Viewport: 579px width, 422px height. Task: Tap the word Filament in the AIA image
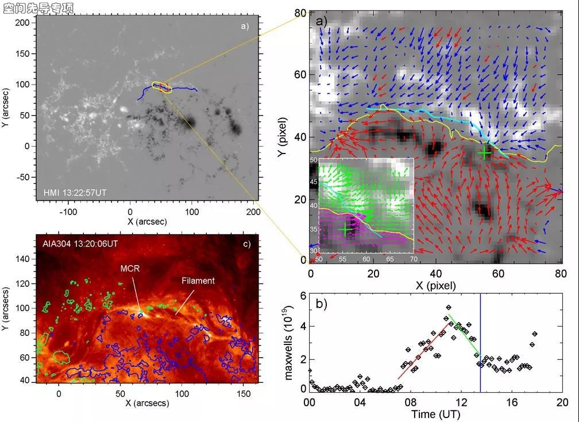198,281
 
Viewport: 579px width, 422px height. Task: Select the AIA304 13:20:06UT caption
80,244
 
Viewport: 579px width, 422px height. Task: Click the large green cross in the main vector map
485,153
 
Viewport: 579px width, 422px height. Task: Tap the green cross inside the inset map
345,229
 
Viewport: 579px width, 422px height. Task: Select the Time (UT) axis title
435,414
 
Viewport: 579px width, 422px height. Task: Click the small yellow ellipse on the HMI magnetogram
161,87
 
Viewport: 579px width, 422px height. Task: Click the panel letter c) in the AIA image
246,244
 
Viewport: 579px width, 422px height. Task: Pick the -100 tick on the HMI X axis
68,212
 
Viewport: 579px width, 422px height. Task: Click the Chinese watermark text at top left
38,7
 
